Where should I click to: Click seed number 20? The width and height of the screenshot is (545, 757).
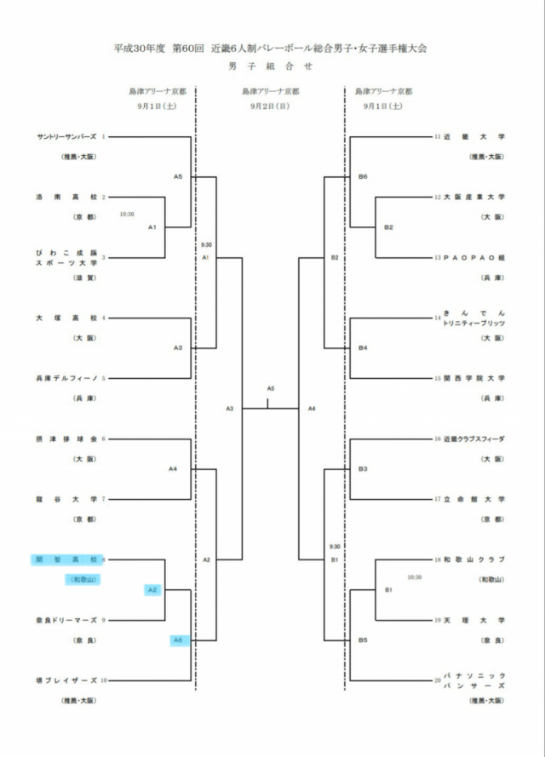coord(438,680)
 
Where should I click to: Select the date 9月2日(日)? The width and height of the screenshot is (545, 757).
coord(270,106)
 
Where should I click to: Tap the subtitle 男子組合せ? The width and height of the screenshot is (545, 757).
coord(271,66)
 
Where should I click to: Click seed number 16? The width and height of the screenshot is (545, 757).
coord(438,439)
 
